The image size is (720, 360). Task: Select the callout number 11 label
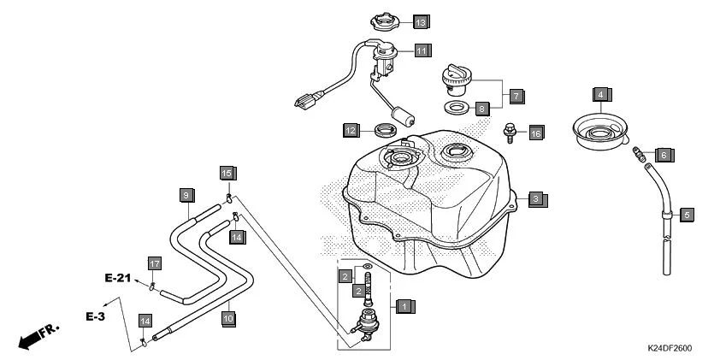coord(422,50)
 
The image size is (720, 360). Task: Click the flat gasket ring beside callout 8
coord(455,109)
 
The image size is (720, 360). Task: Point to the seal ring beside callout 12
coord(387,131)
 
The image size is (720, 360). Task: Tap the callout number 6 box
coord(664,154)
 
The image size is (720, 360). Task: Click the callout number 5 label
coord(686,214)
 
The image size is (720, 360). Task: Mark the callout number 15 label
coord(227,173)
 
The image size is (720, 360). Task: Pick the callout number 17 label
coord(154,263)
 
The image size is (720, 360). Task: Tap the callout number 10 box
coord(227,316)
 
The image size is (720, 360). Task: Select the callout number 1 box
coord(405,304)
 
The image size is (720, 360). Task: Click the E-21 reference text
coord(119,278)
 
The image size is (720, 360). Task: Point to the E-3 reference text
coord(94,316)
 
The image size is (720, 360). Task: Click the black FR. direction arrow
coord(32,337)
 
